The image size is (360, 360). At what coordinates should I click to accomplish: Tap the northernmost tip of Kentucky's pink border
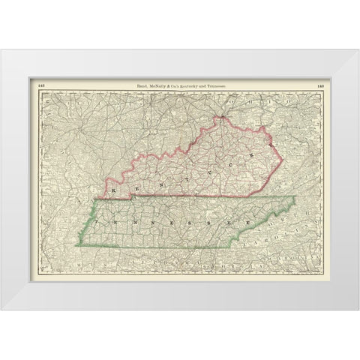(222, 117)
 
